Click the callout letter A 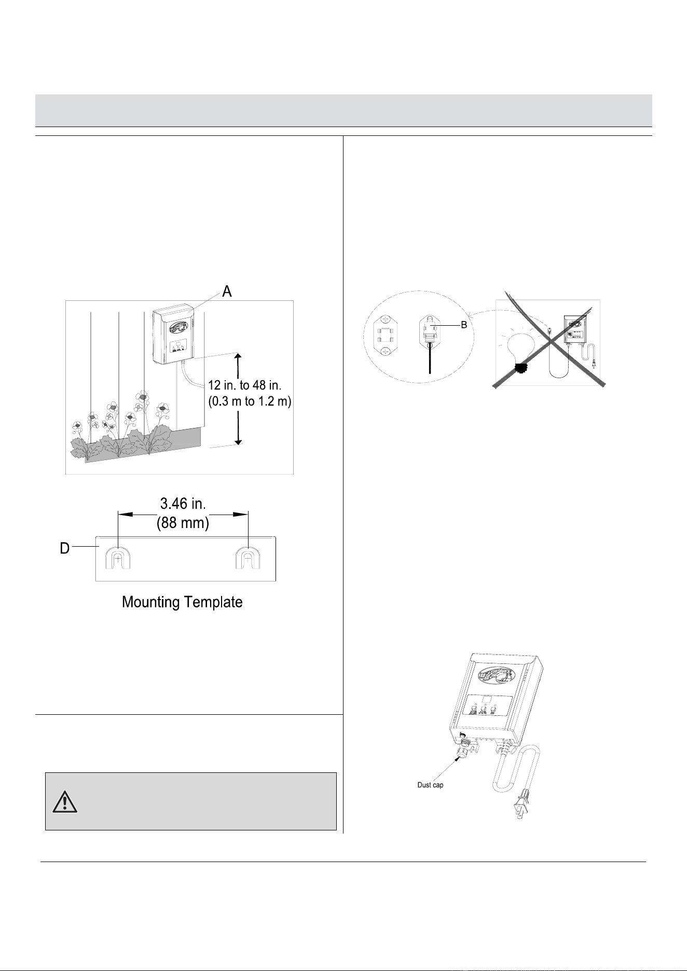pos(227,292)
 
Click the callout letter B pos(464,325)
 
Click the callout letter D pos(65,548)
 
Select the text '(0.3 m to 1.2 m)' pos(250,402)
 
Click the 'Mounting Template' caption pos(182,602)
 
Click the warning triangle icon pos(64,801)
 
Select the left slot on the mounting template pos(118,559)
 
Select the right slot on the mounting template pos(248,559)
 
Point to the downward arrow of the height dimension pos(238,428)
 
